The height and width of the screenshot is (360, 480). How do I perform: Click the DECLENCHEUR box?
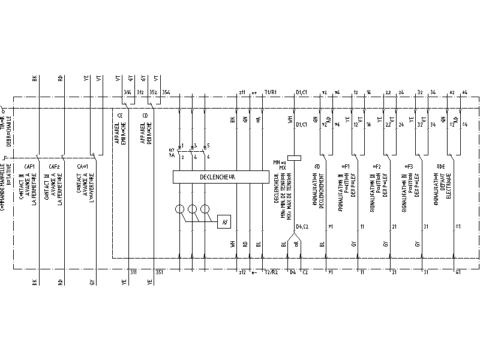coord(220,177)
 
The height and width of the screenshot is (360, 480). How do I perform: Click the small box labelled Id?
coord(224,221)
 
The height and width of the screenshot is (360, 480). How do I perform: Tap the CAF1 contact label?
coord(29,166)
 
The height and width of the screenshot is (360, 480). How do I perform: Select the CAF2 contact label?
coord(55,166)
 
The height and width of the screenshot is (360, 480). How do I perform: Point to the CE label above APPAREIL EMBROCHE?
coord(120,115)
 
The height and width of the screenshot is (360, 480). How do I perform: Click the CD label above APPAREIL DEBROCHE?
coord(145,115)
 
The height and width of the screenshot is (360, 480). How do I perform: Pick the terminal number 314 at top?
coord(127,92)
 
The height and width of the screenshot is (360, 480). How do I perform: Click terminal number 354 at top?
coord(166,92)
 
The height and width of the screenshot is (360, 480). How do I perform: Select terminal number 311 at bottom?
coord(133,272)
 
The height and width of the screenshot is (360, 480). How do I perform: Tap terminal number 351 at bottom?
coord(160,272)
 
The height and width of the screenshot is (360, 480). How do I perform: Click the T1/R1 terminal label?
coord(270,92)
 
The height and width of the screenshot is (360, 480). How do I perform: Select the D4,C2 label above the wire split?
coord(302,226)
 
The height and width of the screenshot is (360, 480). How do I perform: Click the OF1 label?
coord(346,166)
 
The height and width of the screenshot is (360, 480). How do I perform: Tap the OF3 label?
coord(410,166)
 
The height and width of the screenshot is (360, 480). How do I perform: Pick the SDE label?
coord(441,166)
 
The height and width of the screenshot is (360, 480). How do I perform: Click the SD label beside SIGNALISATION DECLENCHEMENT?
coord(317,166)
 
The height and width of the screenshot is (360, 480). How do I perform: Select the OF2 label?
coord(377,166)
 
